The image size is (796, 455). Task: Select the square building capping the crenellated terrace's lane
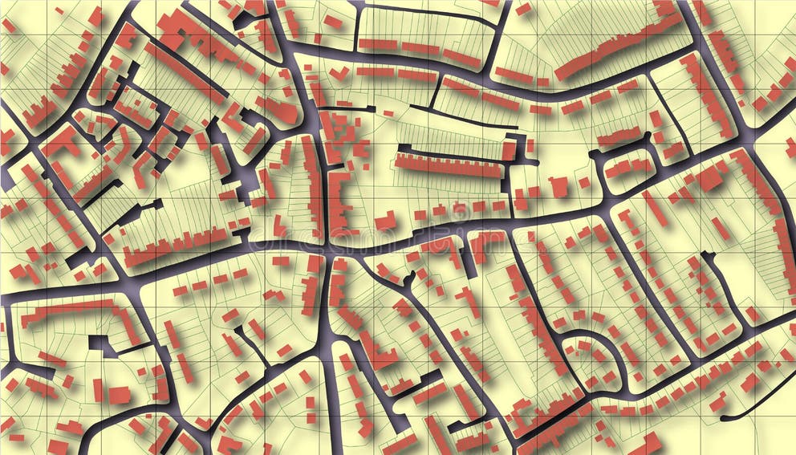509,149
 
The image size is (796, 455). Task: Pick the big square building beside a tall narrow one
119,394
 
